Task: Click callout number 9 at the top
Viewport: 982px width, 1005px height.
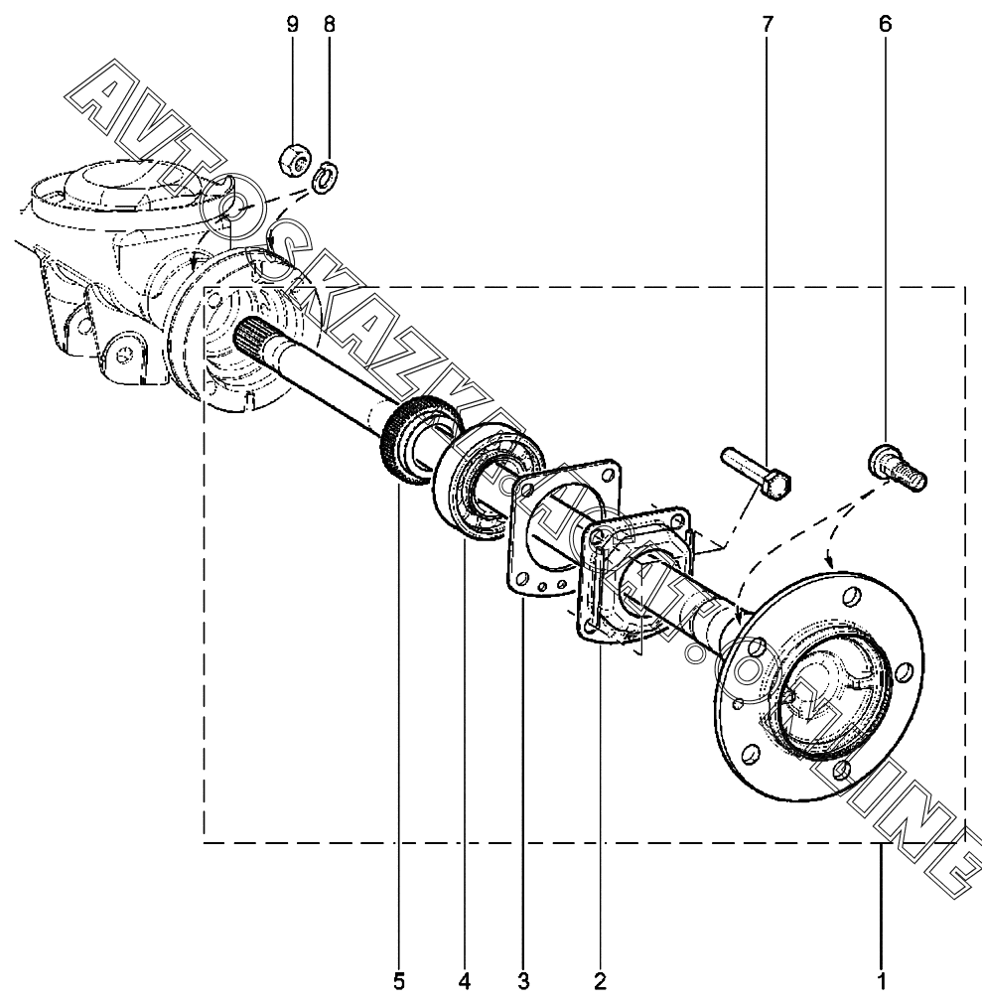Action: (x=292, y=24)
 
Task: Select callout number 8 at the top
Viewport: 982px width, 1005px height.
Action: (x=329, y=24)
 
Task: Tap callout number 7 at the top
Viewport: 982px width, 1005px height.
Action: (x=767, y=24)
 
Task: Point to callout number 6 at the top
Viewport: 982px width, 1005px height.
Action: (x=885, y=24)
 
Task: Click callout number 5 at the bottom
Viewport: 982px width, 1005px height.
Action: (x=399, y=982)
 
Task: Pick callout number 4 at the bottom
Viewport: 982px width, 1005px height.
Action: (x=463, y=982)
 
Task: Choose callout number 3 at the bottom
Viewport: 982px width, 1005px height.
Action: (x=523, y=982)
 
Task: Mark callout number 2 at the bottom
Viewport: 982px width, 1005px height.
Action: (x=600, y=982)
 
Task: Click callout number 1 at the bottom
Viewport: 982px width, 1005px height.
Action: (x=881, y=982)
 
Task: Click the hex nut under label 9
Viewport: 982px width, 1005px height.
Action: (x=292, y=156)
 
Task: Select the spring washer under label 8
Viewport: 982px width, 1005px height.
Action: (x=324, y=181)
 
